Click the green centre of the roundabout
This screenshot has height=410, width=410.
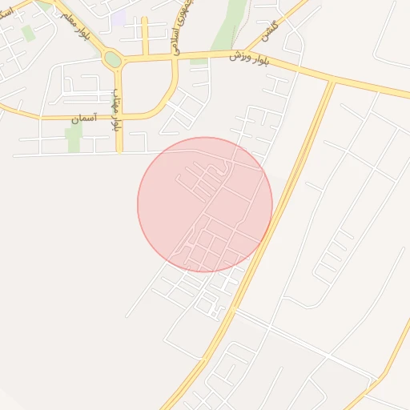(x=113, y=59)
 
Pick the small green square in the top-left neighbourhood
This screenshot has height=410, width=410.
(x=29, y=33)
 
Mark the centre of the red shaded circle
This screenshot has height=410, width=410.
(x=205, y=204)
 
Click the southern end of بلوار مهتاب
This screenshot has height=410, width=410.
(x=119, y=151)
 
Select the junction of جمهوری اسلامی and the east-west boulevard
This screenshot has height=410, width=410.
(x=175, y=57)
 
